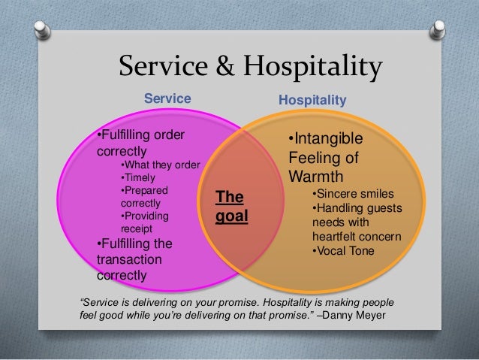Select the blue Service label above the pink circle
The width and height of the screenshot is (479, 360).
click(x=167, y=98)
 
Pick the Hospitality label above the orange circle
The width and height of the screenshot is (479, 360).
click(x=312, y=98)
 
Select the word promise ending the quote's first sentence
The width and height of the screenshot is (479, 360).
click(x=243, y=301)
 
